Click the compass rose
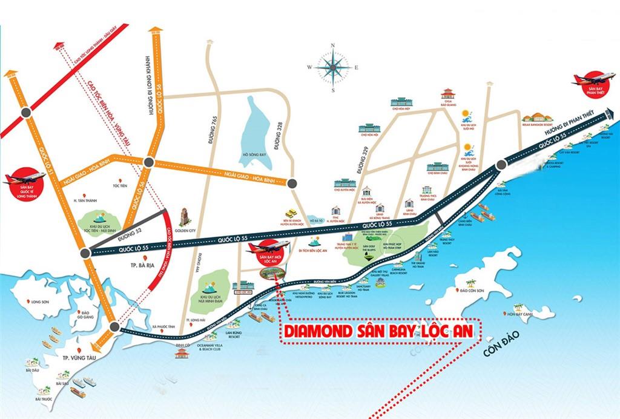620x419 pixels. pos(332,67)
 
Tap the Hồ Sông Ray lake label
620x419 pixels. pos(252,156)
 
